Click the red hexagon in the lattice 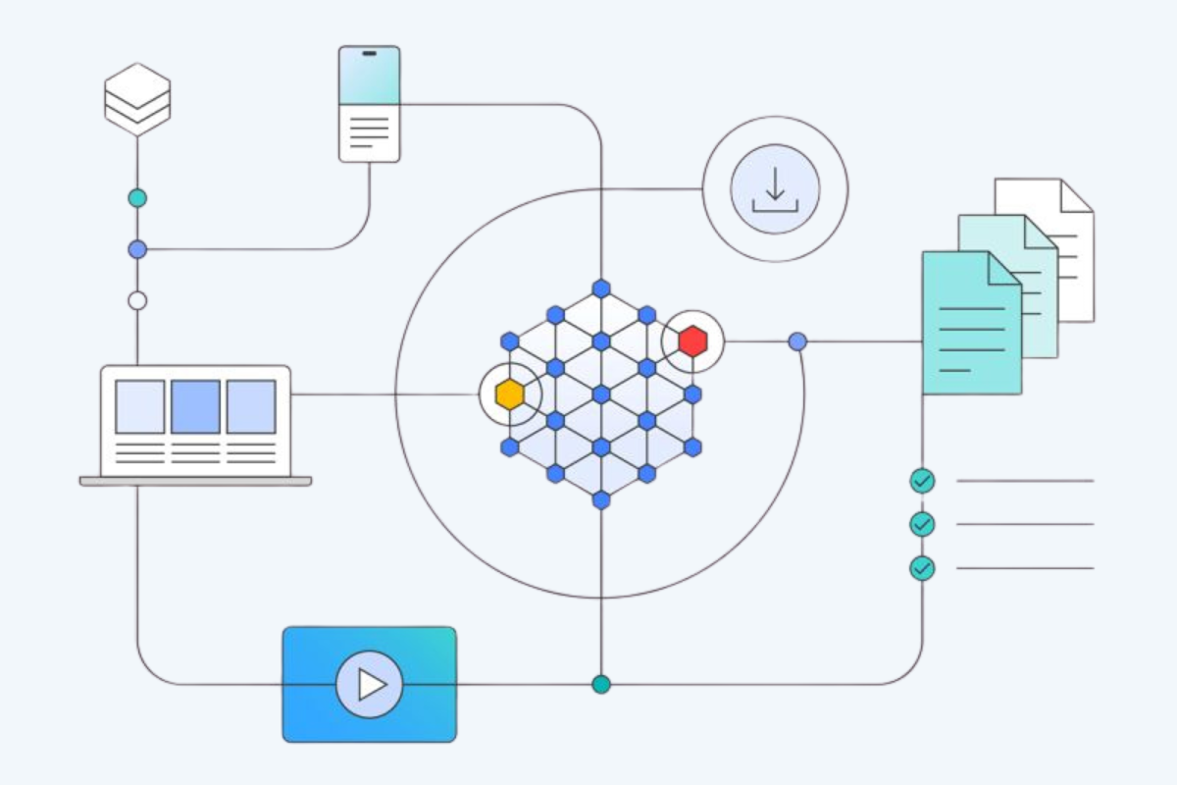692,341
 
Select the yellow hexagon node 509,394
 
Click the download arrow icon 775,188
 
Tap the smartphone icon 369,103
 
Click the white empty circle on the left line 137,300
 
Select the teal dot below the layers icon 137,198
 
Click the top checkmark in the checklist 922,481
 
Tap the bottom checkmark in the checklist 922,568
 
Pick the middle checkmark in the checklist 922,524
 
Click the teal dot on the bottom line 601,684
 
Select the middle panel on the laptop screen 195,406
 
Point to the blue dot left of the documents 797,341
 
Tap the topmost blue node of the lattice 601,288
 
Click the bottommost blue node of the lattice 601,499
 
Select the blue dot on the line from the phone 137,249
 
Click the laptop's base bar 195,482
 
